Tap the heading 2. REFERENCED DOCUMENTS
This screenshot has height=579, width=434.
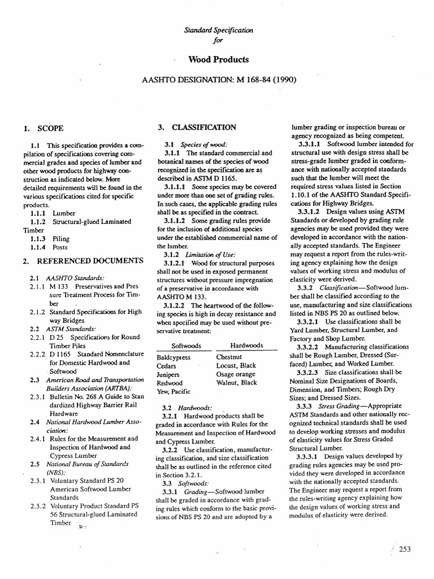tap(82, 260)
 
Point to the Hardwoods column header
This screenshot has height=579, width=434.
tap(246, 345)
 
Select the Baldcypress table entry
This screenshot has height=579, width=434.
tap(173, 357)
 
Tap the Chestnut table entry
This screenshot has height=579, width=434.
tap(230, 357)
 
